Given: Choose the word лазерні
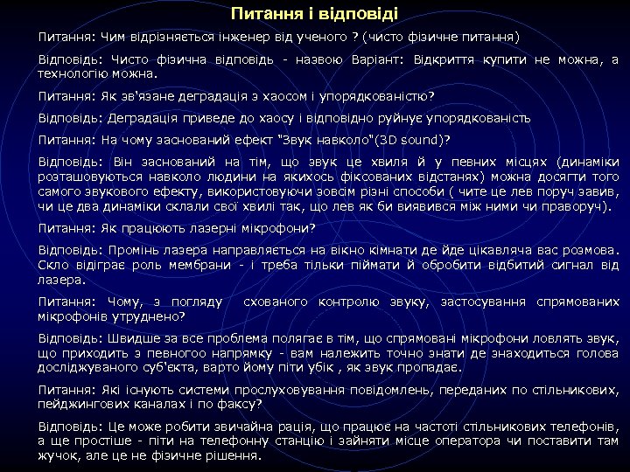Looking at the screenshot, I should pos(240,229).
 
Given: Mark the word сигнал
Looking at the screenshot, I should pos(556,265).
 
